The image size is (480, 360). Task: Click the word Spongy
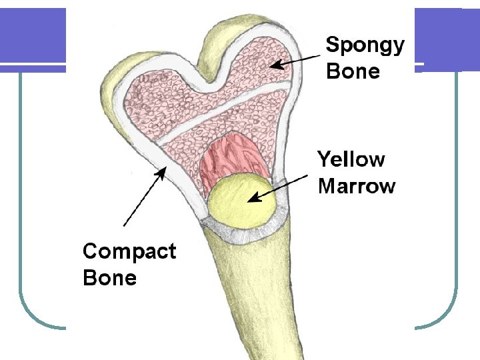pyautogui.click(x=364, y=47)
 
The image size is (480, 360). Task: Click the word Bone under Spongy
pyautogui.click(x=353, y=71)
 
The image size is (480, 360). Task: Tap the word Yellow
pyautogui.click(x=351, y=160)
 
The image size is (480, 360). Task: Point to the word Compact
pyautogui.click(x=129, y=252)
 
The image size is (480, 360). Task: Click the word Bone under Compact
pyautogui.click(x=109, y=277)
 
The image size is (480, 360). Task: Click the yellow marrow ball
pyautogui.click(x=239, y=200)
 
